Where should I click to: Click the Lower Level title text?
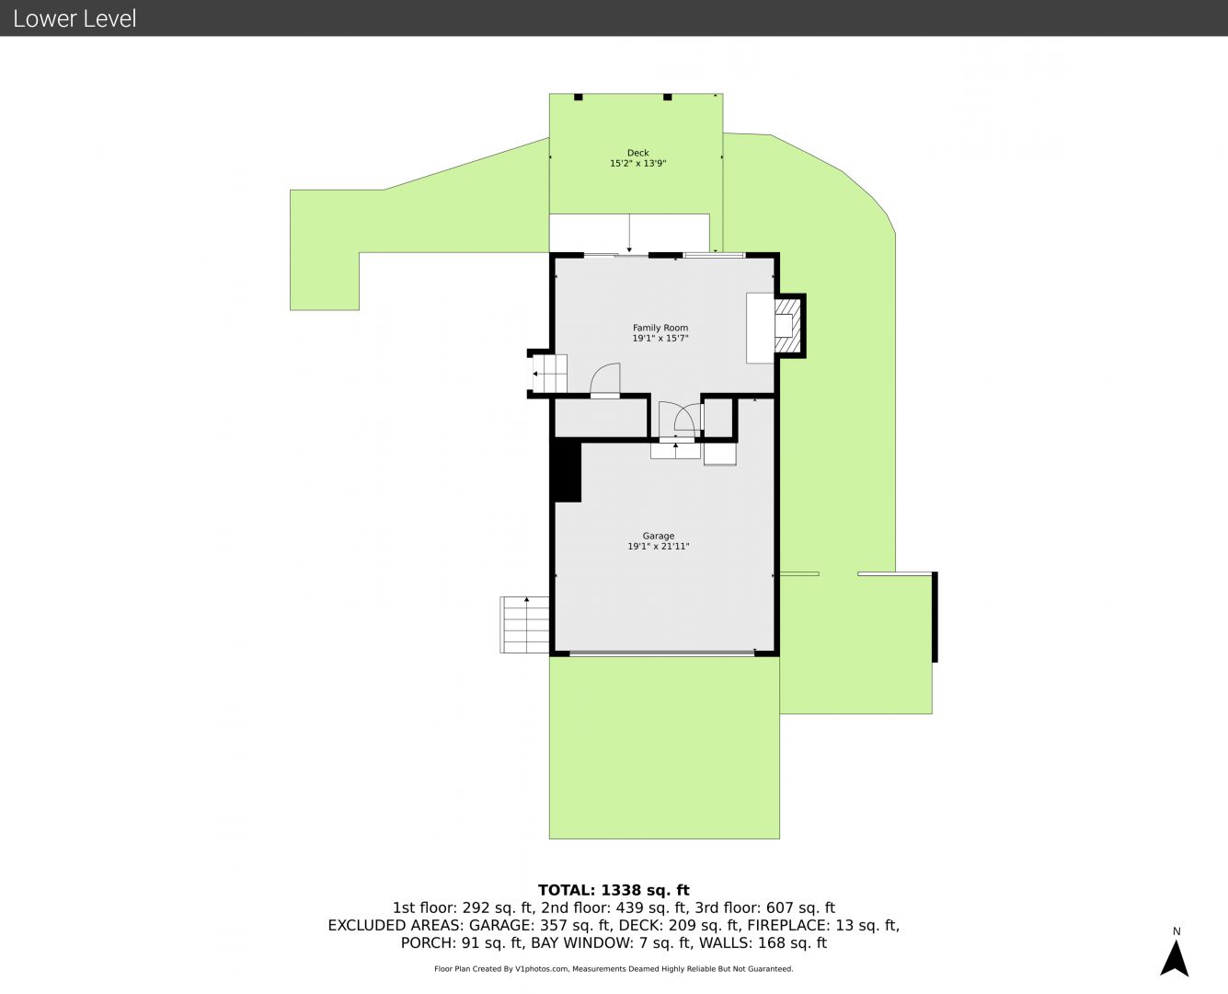click(x=75, y=18)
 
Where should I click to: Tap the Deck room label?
click(x=637, y=153)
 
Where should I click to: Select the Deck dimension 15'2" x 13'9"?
click(x=637, y=163)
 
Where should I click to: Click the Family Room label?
click(x=660, y=328)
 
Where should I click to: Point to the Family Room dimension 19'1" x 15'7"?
click(x=660, y=338)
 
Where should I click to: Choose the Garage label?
click(x=659, y=536)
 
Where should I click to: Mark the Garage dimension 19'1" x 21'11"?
click(x=659, y=547)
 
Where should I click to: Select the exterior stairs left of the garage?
click(x=524, y=625)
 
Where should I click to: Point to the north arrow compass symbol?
click(x=1174, y=958)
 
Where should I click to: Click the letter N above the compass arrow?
click(x=1176, y=931)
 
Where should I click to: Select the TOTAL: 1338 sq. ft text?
click(x=614, y=890)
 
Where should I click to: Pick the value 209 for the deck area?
click(x=682, y=925)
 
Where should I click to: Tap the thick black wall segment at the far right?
click(x=935, y=617)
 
